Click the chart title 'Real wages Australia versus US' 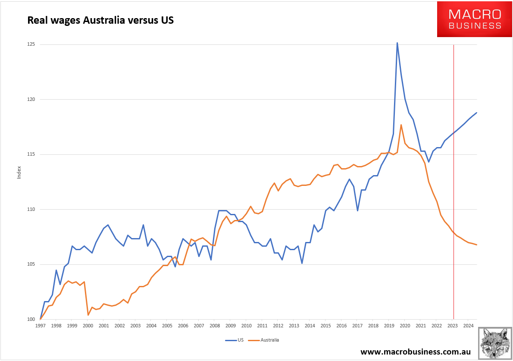pos(100,20)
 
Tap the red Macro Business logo pos(474,19)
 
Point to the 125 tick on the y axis pos(31,44)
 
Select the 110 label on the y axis pos(31,210)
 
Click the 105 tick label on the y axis pos(31,264)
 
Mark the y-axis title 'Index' pos(19,173)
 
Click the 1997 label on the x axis pos(40,326)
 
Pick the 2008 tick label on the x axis pos(215,326)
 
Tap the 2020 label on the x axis pos(405,326)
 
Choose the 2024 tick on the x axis pos(468,326)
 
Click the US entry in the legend pos(237,340)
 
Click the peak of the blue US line pos(397,43)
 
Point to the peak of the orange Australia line pos(401,125)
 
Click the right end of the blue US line pos(476,113)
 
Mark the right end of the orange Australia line pos(476,245)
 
